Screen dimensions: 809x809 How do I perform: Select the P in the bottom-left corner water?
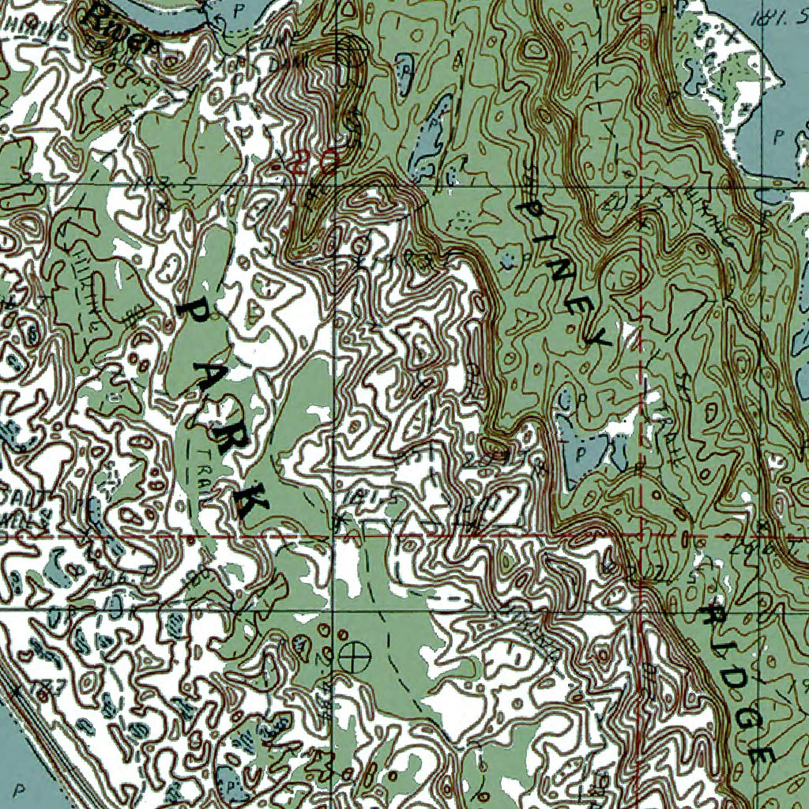pos(17,788)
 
